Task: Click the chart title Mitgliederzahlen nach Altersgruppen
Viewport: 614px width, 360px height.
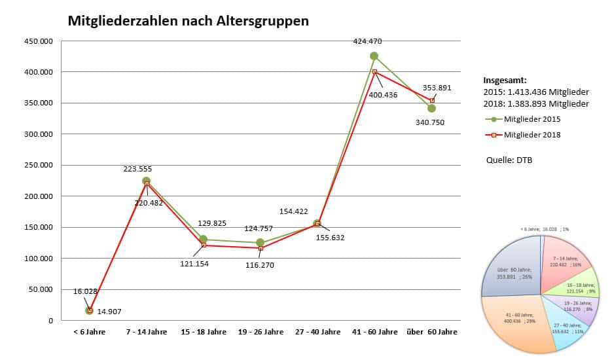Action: pos(189,21)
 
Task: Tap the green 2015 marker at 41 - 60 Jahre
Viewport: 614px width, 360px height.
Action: pos(374,56)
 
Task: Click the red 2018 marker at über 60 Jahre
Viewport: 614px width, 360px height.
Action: pos(432,100)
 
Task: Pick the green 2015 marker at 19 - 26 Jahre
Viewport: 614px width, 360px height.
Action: pos(261,243)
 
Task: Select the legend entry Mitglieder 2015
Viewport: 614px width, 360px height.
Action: pos(532,119)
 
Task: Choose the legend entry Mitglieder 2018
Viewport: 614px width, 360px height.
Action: pos(532,135)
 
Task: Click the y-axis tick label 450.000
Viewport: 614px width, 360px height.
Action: pos(39,41)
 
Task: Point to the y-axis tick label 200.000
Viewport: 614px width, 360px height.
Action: pos(39,196)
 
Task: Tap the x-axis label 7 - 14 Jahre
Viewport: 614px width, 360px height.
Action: pos(147,332)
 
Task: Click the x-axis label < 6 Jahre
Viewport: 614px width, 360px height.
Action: pos(90,332)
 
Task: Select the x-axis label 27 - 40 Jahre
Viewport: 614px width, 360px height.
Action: pos(317,332)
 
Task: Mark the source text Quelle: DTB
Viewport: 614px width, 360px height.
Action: pos(509,160)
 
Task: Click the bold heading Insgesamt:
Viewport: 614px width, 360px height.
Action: pos(505,79)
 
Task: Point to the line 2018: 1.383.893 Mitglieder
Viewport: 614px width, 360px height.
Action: pos(536,103)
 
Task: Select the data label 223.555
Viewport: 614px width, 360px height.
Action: pos(137,169)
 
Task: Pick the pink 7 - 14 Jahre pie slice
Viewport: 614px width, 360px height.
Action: pos(564,259)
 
